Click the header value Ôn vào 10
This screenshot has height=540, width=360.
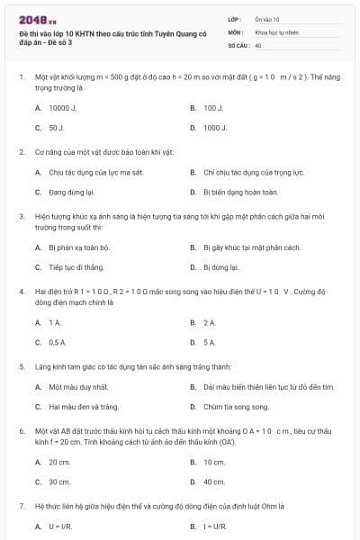[x=267, y=19]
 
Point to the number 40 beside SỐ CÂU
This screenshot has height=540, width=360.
[x=258, y=44]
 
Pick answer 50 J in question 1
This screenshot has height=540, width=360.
[x=56, y=128]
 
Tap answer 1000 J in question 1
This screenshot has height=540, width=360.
[x=214, y=128]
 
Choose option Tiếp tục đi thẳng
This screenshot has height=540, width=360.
[x=76, y=267]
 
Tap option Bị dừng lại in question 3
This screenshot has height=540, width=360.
[x=220, y=267]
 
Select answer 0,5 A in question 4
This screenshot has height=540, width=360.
[x=58, y=342]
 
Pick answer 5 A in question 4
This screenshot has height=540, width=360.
[x=210, y=342]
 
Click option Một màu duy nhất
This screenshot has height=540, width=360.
[x=78, y=387]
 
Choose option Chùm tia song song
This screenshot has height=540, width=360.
[x=236, y=408]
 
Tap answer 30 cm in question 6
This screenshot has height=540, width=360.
[x=59, y=482]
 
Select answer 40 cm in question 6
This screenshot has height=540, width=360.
[x=214, y=482]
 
